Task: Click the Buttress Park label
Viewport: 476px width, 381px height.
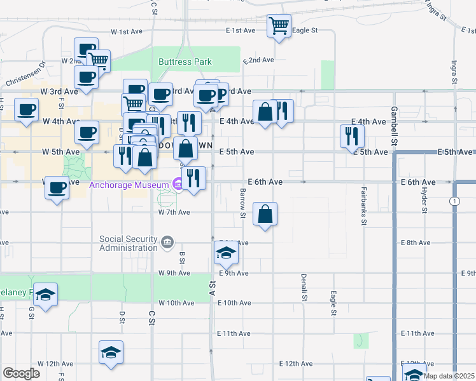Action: [x=185, y=62]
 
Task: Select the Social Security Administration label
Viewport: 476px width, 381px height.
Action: [x=128, y=243]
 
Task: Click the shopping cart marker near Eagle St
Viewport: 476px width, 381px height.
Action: [x=279, y=26]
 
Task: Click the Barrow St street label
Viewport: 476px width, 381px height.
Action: [x=242, y=203]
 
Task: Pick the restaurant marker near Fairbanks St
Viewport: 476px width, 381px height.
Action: [x=351, y=135]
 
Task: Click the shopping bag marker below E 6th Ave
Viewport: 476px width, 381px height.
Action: [x=265, y=213]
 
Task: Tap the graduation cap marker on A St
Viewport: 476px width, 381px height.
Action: [x=226, y=254]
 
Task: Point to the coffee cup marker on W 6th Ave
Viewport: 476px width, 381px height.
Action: [x=57, y=189]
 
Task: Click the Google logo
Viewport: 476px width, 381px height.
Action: [x=21, y=373]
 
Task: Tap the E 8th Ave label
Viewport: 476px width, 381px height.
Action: [x=417, y=243]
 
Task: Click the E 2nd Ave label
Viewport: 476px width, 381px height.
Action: [x=258, y=60]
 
